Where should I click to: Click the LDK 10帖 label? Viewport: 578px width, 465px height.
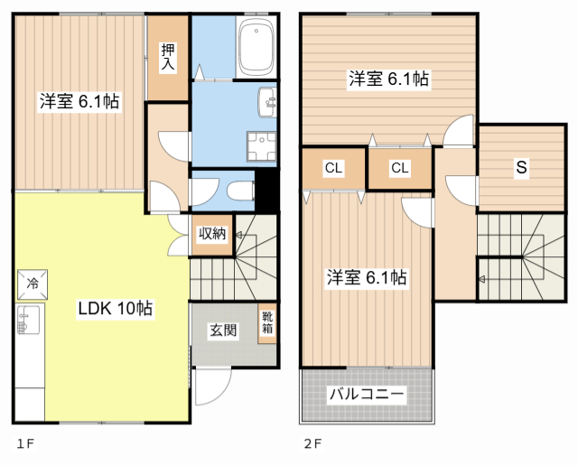click(115, 309)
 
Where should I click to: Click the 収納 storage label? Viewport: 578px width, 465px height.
click(212, 233)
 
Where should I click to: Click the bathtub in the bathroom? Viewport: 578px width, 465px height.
click(257, 49)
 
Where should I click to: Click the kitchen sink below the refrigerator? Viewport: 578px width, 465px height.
click(27, 321)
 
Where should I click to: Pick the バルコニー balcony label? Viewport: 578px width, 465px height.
click(367, 395)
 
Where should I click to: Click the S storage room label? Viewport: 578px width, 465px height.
click(522, 167)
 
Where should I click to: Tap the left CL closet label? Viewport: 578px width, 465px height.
click(333, 168)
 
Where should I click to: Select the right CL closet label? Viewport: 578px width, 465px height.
click(400, 168)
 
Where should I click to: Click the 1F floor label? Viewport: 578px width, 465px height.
click(24, 444)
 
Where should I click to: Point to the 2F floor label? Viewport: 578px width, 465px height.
click(312, 444)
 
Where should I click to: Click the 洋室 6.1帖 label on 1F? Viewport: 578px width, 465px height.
click(79, 102)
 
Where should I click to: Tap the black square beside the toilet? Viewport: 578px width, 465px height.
click(268, 190)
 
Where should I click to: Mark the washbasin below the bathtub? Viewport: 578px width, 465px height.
click(268, 102)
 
